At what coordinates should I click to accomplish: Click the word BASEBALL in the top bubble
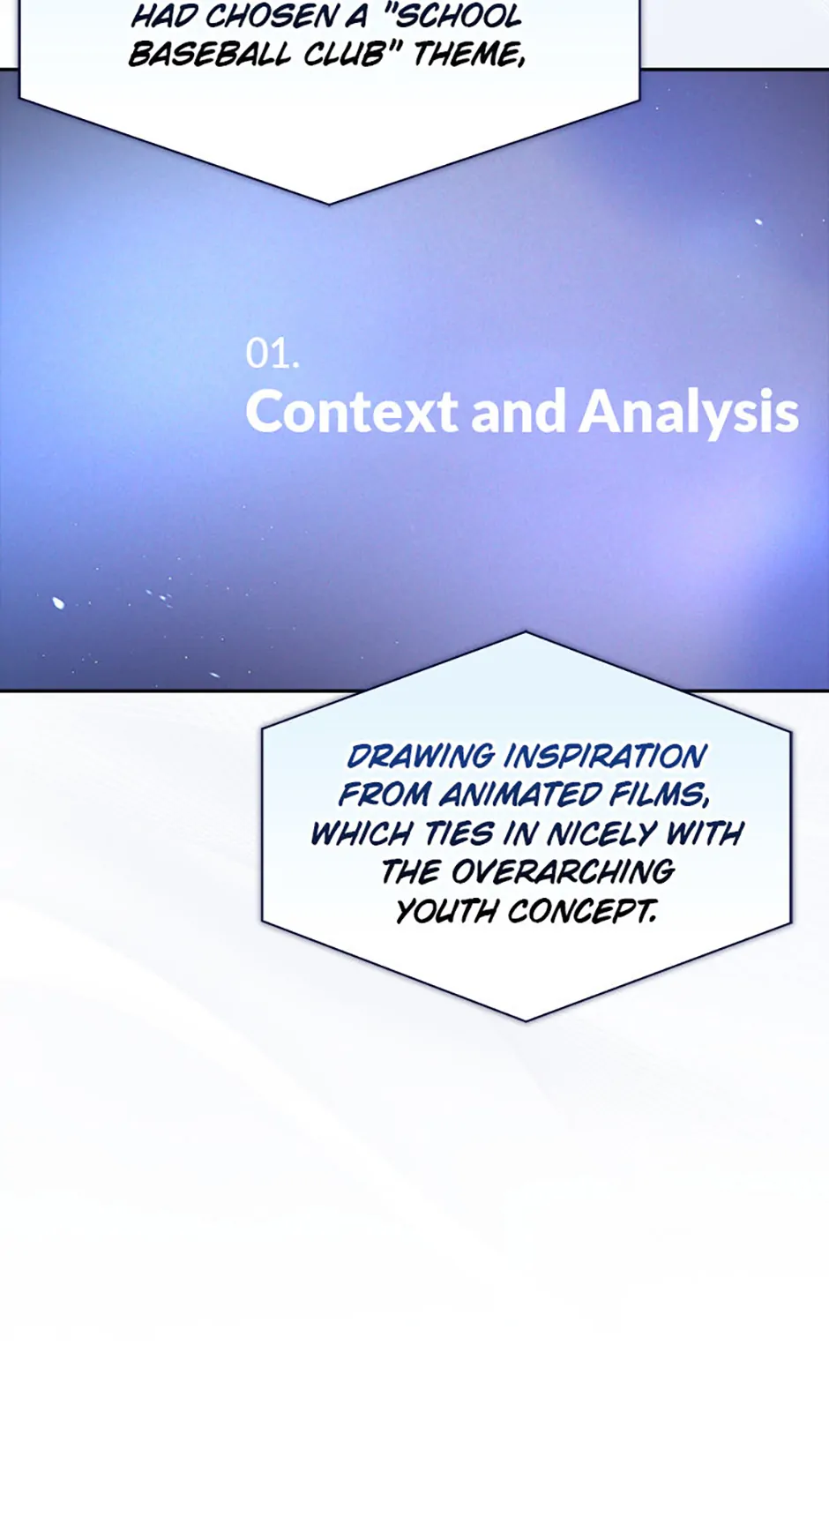click(x=209, y=55)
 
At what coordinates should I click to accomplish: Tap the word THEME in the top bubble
click(x=468, y=55)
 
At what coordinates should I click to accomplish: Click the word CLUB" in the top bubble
click(x=352, y=55)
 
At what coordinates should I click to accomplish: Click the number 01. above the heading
click(x=273, y=354)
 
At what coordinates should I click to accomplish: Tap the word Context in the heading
click(x=352, y=411)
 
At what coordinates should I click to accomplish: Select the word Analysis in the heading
click(x=689, y=413)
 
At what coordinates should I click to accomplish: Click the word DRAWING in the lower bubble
click(x=421, y=756)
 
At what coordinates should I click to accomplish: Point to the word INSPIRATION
click(x=606, y=756)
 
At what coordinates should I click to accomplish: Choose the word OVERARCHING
click(x=563, y=872)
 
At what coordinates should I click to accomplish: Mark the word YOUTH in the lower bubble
click(x=446, y=911)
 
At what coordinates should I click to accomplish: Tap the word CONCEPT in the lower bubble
click(x=582, y=911)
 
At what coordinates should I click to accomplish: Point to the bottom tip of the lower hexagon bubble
click(x=527, y=1021)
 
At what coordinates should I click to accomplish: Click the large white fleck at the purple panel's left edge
click(x=58, y=603)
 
